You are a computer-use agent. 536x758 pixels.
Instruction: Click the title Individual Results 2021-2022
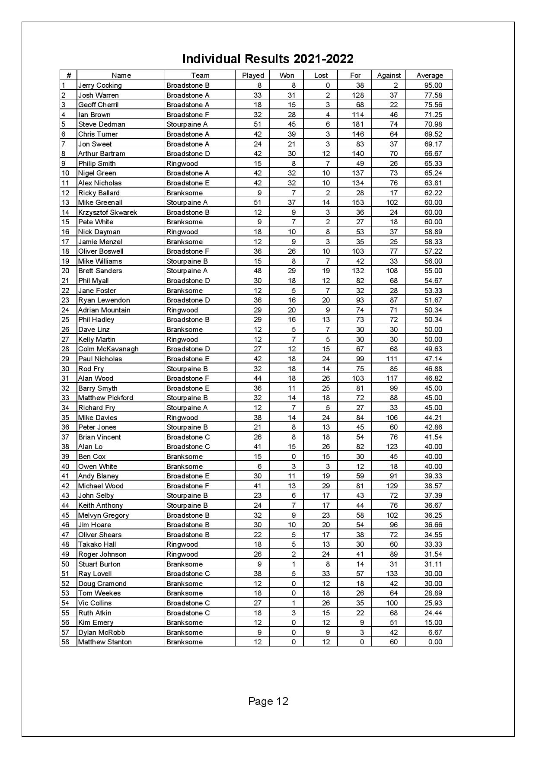pos(268,59)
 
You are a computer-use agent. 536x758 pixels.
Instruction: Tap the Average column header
pos(429,75)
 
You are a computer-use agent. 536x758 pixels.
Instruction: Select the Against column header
pos(389,75)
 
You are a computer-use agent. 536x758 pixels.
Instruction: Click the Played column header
pos(253,75)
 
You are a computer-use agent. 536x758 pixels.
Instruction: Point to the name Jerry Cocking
pos(100,86)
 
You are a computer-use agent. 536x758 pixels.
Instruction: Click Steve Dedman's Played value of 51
pos(257,124)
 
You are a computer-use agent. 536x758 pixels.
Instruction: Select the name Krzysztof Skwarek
pos(107,212)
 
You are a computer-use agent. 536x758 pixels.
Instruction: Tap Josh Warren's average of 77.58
pos(433,95)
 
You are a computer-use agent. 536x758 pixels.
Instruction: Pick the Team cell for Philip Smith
pos(182,163)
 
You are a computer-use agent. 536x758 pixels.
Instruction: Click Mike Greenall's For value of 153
pos(358,202)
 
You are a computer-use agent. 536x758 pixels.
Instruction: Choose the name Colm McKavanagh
pos(108,349)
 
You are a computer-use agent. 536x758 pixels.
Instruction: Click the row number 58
pos(65,642)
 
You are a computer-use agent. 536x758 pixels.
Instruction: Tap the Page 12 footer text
pos(268,701)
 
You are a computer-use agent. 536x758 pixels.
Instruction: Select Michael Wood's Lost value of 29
pos(326,486)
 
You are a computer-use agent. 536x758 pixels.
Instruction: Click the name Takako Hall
pos(97,544)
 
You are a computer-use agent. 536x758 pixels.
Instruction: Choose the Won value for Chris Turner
pos(292,134)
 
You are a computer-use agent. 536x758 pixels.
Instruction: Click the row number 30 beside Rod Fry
pos(65,369)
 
